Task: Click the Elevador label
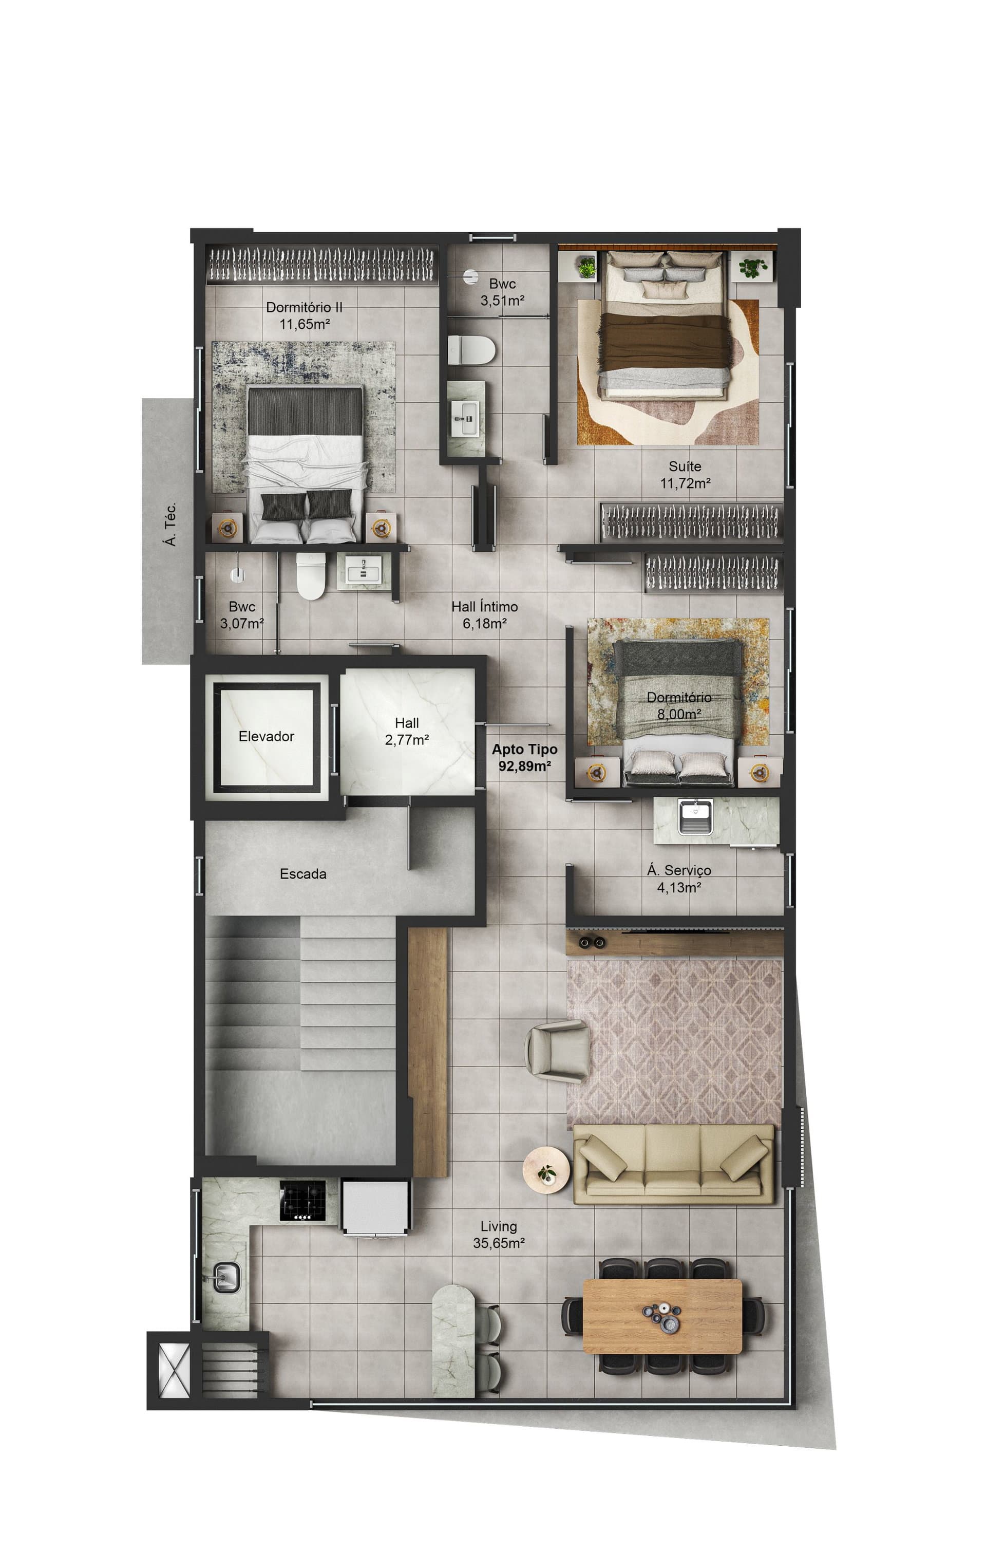coord(266,736)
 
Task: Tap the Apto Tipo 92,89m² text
coord(524,758)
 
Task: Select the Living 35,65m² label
coord(499,1235)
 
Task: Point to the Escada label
coord(303,874)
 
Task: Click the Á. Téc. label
coord(170,525)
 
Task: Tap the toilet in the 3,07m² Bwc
coord(311,575)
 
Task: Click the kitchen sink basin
coord(226,1277)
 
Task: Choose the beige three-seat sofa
coord(674,1164)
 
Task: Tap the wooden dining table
coord(662,1316)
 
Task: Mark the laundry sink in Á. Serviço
coord(696,817)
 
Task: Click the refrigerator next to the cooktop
coord(375,1207)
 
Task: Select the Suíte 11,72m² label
coord(685,474)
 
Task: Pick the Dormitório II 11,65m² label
coord(304,315)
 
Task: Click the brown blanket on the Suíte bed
coord(664,341)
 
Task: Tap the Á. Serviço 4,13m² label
coord(679,879)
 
